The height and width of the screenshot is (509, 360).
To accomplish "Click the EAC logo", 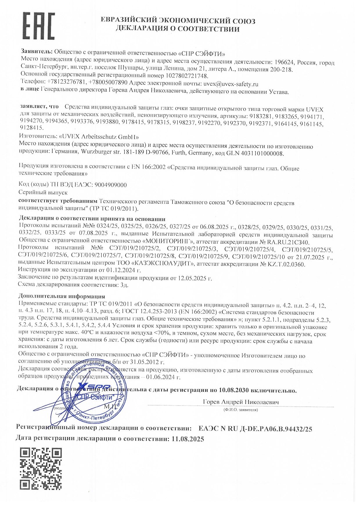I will click(x=39, y=26).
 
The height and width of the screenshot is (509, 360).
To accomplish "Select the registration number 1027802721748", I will click(x=187, y=76).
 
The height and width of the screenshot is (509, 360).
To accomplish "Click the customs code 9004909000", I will click(x=111, y=185).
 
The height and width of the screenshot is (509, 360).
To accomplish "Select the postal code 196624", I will click(x=283, y=62).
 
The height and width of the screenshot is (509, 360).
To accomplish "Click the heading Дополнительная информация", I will click(x=62, y=296).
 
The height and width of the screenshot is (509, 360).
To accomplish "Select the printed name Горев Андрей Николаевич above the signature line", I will click(x=241, y=402).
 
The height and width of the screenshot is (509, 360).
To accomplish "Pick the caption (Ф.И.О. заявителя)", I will click(x=240, y=410).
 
